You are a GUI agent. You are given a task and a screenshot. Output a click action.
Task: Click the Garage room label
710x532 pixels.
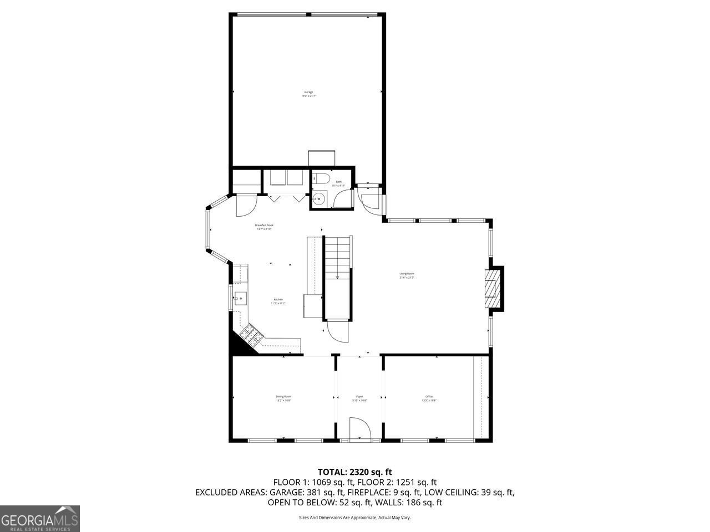[x=308, y=92]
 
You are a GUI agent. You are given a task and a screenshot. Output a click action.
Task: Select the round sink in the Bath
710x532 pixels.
[x=319, y=198]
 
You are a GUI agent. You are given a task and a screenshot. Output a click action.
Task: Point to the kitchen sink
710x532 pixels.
[x=240, y=299]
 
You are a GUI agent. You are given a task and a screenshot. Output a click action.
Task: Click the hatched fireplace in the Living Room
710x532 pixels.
[x=491, y=288]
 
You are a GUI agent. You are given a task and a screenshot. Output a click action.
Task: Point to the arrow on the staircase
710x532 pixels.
[x=337, y=277]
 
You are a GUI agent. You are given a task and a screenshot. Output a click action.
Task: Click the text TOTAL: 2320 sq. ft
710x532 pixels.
[x=354, y=472]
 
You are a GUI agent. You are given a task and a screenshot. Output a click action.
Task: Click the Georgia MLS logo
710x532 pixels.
[x=40, y=519]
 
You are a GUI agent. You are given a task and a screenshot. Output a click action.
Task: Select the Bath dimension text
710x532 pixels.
[x=338, y=186]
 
